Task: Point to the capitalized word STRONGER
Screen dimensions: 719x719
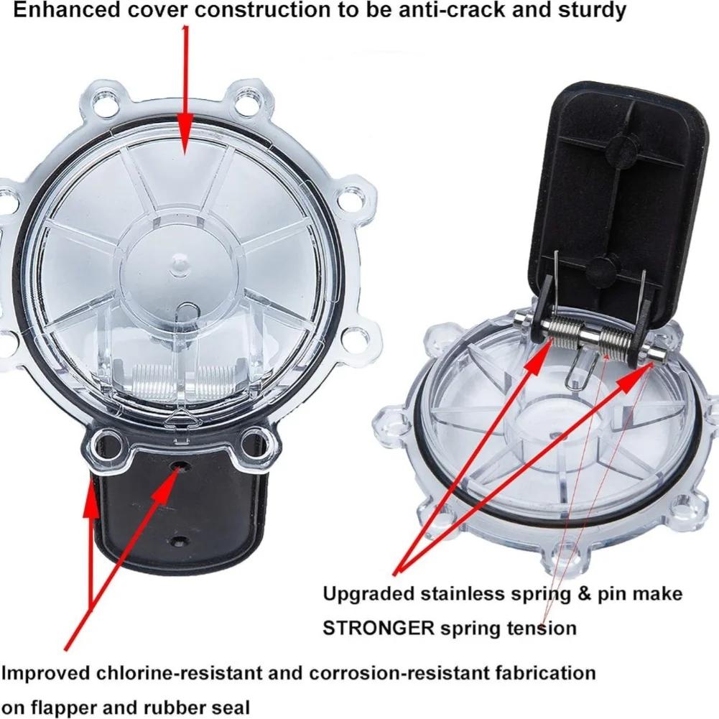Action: tap(378, 628)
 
